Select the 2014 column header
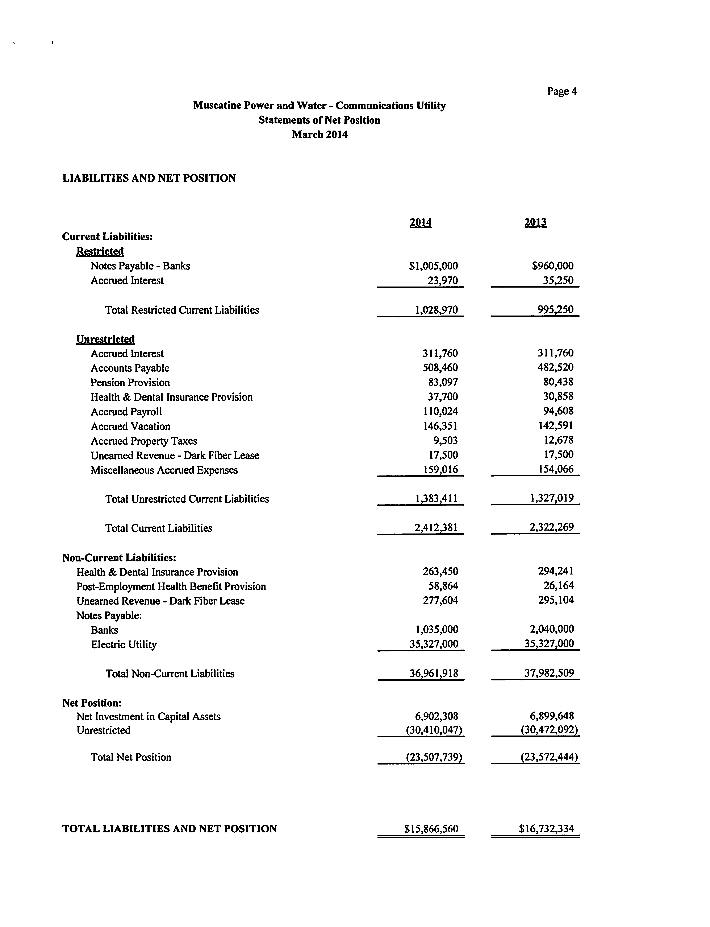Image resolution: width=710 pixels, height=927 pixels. click(x=421, y=222)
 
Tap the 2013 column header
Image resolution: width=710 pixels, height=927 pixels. click(x=535, y=222)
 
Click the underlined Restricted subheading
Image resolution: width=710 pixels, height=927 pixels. click(x=100, y=251)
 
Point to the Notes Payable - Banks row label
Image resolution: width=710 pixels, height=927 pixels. click(x=140, y=266)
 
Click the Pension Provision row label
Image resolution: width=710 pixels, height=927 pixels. click(x=130, y=383)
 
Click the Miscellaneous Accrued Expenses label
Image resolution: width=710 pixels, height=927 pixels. click(x=164, y=470)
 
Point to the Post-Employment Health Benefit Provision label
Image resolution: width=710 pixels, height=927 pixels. click(x=171, y=586)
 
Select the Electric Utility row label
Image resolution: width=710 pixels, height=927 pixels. click(x=124, y=644)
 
